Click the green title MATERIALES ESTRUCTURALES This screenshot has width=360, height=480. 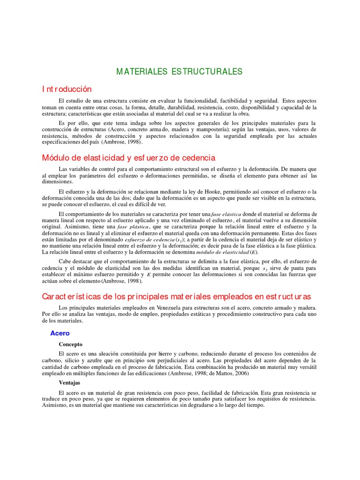(180, 72)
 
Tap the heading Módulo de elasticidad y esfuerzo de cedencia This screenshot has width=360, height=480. (128, 158)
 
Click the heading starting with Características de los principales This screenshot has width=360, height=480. (176, 297)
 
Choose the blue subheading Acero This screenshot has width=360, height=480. (60, 333)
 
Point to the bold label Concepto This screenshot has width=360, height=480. (70, 344)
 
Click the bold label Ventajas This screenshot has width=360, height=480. (70, 382)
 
